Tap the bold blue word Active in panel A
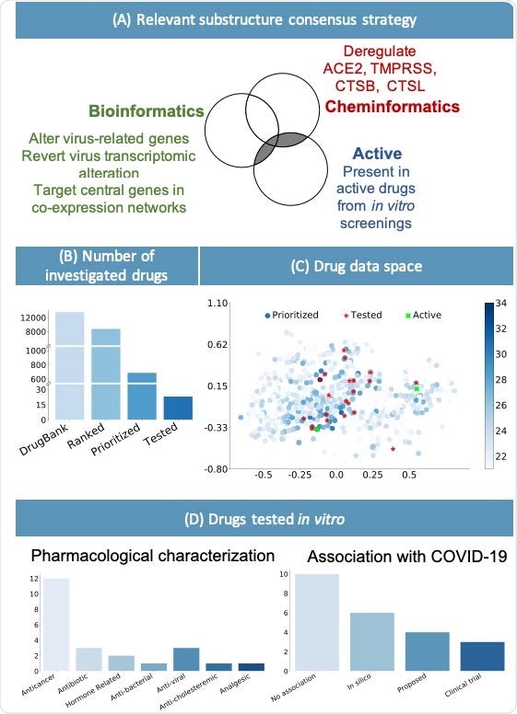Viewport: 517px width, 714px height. coord(380,154)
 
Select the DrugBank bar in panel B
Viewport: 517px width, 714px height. coord(70,363)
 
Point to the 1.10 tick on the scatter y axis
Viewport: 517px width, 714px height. coord(217,303)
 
